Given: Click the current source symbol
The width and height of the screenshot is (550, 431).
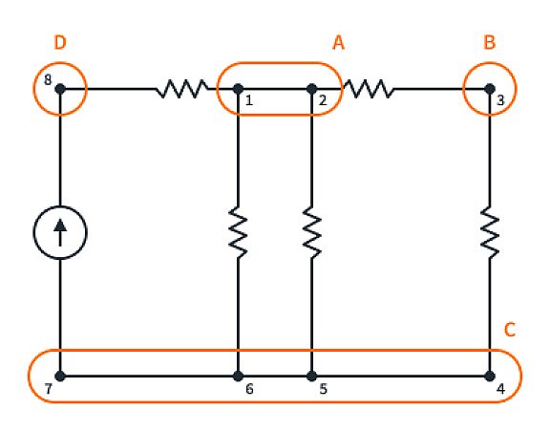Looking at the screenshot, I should click(60, 232).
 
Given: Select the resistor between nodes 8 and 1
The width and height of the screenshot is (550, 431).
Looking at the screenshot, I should click(181, 89).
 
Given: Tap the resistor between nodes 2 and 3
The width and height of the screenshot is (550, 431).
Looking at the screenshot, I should click(368, 89).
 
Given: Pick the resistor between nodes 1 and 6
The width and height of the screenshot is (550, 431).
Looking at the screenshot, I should click(238, 233).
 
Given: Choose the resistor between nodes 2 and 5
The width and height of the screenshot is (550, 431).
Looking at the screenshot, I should click(312, 233).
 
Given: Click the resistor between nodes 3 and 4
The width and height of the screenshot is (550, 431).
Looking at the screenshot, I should click(489, 233).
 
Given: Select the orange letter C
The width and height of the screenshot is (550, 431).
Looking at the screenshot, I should click(510, 331).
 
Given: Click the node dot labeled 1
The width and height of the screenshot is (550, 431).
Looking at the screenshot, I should click(238, 89).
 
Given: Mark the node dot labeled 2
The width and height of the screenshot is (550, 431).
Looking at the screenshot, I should click(312, 89).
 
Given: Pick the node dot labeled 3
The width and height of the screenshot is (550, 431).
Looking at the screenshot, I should click(489, 89).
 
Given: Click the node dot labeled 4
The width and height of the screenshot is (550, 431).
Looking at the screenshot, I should click(489, 376).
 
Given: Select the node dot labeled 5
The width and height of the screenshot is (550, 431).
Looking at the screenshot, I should click(312, 376).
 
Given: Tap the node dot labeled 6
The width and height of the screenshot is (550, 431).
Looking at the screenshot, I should click(238, 376).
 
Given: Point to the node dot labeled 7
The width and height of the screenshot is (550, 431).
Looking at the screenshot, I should click(60, 376).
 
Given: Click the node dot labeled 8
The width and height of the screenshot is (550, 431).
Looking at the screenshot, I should click(60, 89).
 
